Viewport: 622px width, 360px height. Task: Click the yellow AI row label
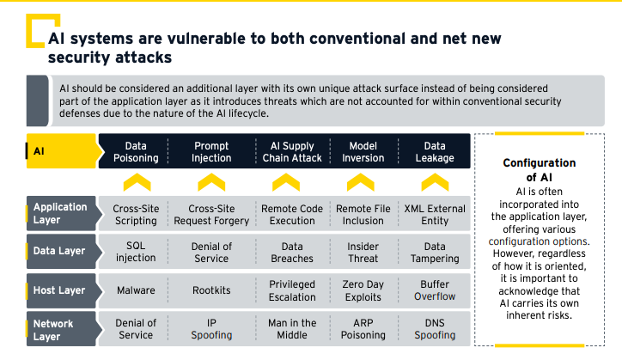click(62, 151)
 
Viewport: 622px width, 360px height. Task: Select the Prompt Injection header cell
click(211, 151)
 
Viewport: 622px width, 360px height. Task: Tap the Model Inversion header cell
click(363, 151)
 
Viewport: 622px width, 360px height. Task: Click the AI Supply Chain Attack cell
click(292, 151)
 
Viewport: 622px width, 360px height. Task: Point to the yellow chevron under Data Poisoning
click(137, 182)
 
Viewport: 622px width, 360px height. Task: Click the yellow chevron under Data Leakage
click(435, 182)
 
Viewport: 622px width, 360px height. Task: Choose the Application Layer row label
click(62, 213)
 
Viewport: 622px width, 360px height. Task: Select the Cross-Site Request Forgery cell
click(211, 214)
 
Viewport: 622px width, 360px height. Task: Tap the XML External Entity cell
click(435, 214)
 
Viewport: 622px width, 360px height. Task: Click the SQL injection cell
click(136, 252)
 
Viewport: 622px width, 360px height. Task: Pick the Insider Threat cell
click(363, 252)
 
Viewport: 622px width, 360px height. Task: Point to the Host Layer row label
click(62, 290)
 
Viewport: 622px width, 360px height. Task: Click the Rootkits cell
click(211, 290)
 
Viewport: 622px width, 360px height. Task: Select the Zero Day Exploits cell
click(363, 290)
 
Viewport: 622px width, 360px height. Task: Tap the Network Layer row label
click(62, 329)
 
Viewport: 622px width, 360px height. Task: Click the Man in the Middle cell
click(292, 329)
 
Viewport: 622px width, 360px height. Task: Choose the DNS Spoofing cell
click(435, 329)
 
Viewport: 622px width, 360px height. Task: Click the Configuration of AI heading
click(539, 170)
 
